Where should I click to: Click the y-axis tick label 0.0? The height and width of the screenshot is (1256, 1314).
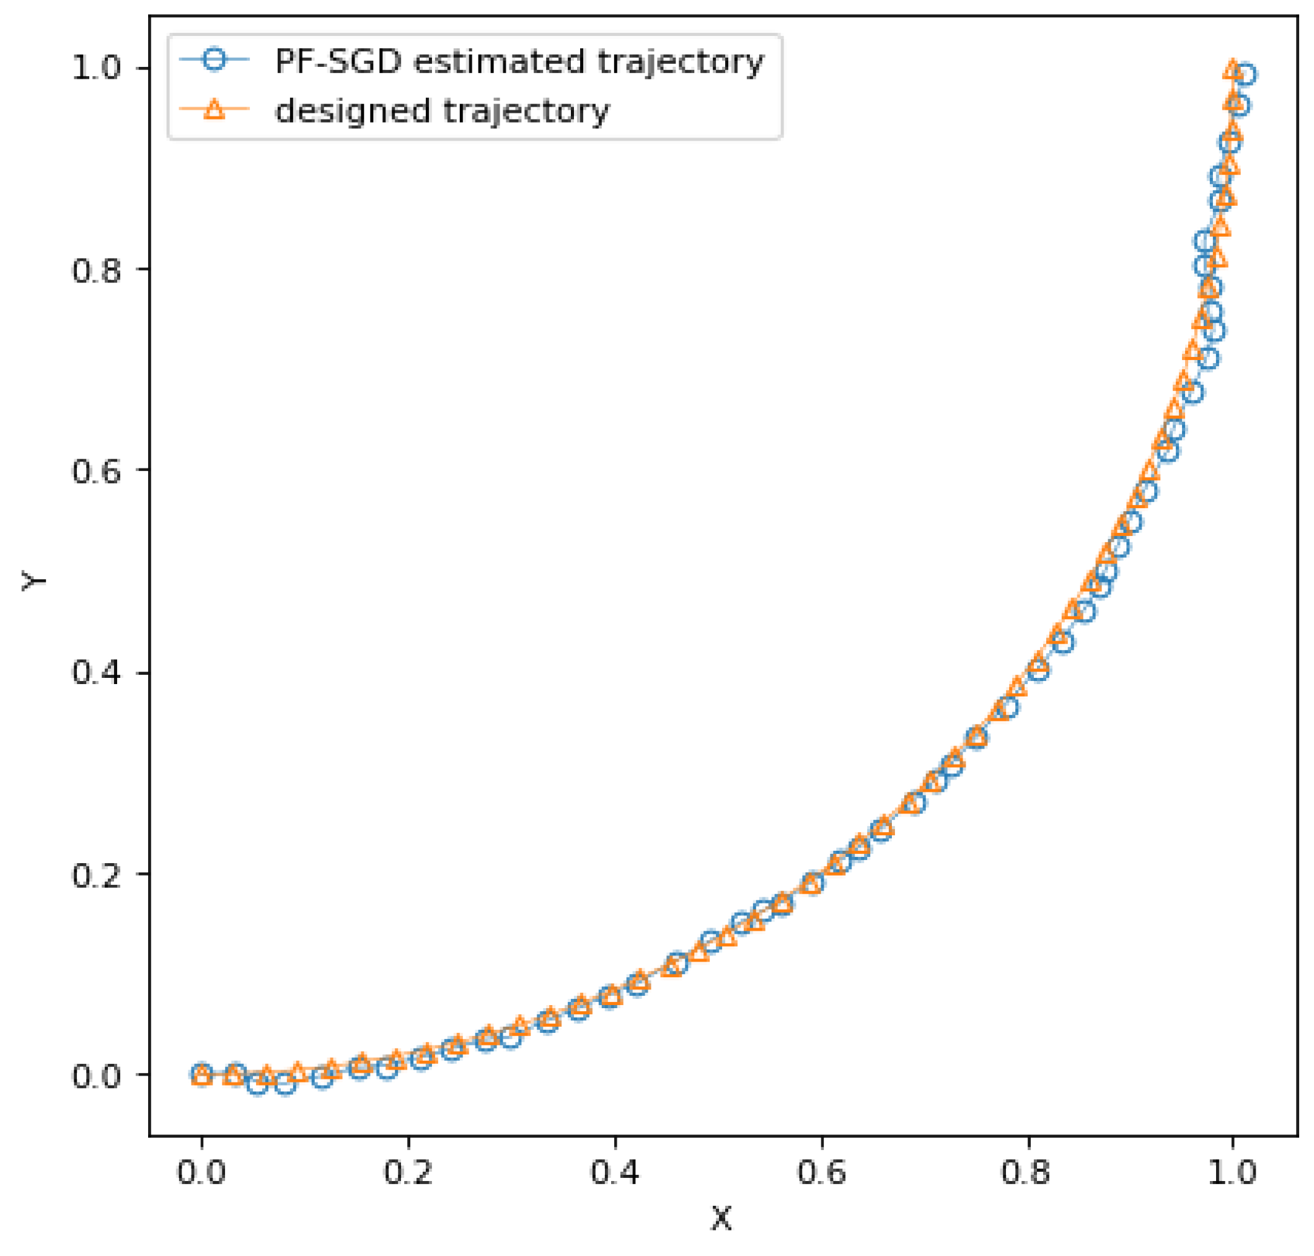tap(97, 1076)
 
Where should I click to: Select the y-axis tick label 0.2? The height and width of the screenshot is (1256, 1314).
tap(97, 874)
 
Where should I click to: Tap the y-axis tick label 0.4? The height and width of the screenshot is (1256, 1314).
tap(97, 672)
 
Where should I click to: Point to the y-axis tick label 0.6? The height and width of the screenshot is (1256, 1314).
tap(97, 471)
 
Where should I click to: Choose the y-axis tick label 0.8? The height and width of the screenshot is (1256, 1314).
tap(97, 269)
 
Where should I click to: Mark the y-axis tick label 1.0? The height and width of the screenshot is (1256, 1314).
tap(97, 68)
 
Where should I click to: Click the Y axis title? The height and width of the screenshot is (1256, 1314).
tap(33, 580)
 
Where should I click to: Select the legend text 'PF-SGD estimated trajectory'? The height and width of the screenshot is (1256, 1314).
tap(519, 61)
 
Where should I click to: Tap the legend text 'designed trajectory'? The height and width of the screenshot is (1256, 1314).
tap(442, 110)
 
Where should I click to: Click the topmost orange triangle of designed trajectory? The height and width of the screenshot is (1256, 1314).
tap(1233, 68)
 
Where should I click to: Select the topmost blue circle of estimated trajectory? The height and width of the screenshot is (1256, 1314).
tap(1245, 74)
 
